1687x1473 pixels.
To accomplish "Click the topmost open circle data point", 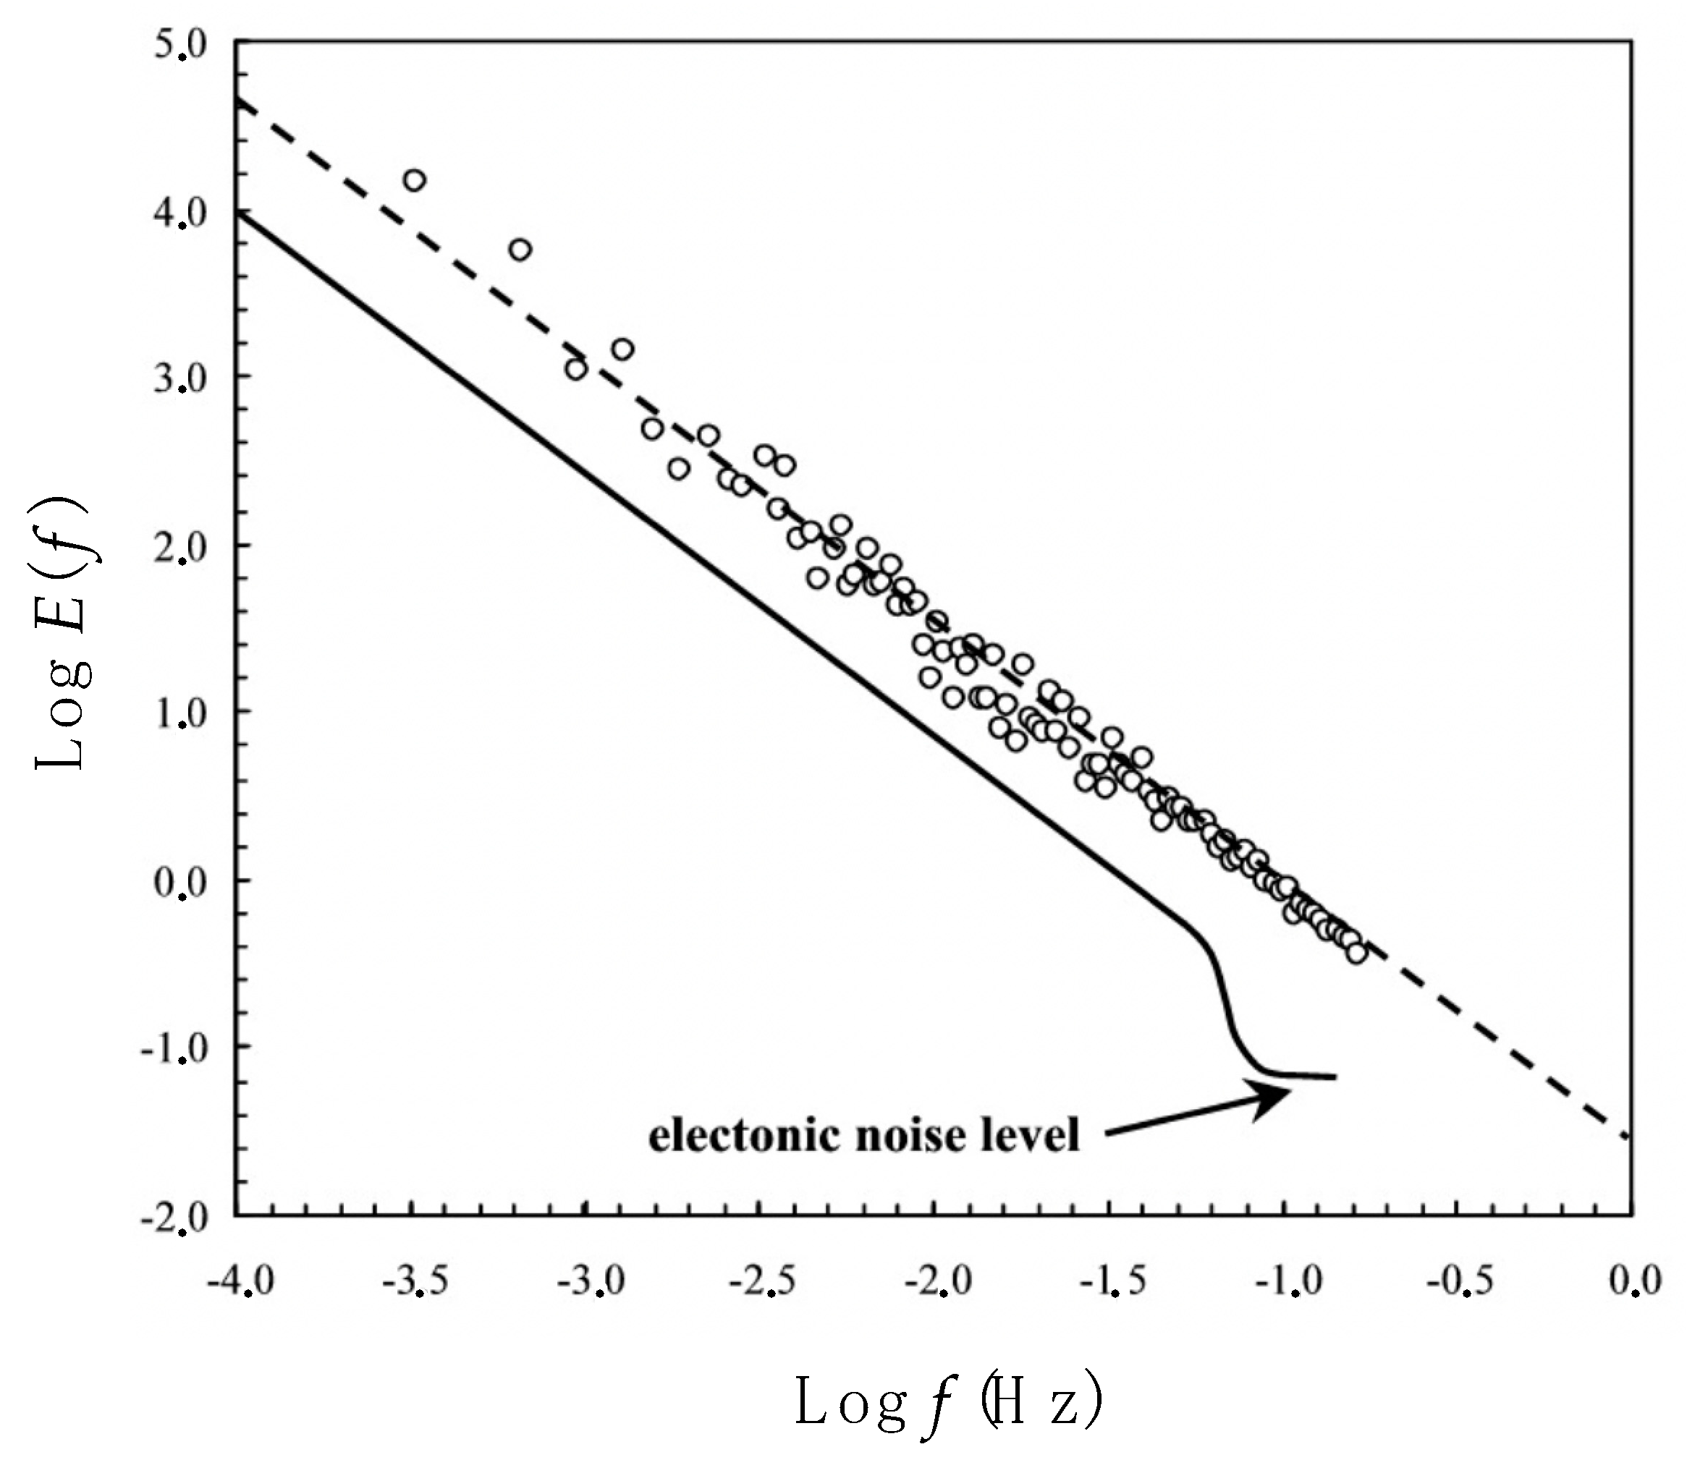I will (x=415, y=180).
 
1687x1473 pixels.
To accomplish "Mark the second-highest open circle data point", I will (x=520, y=250).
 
